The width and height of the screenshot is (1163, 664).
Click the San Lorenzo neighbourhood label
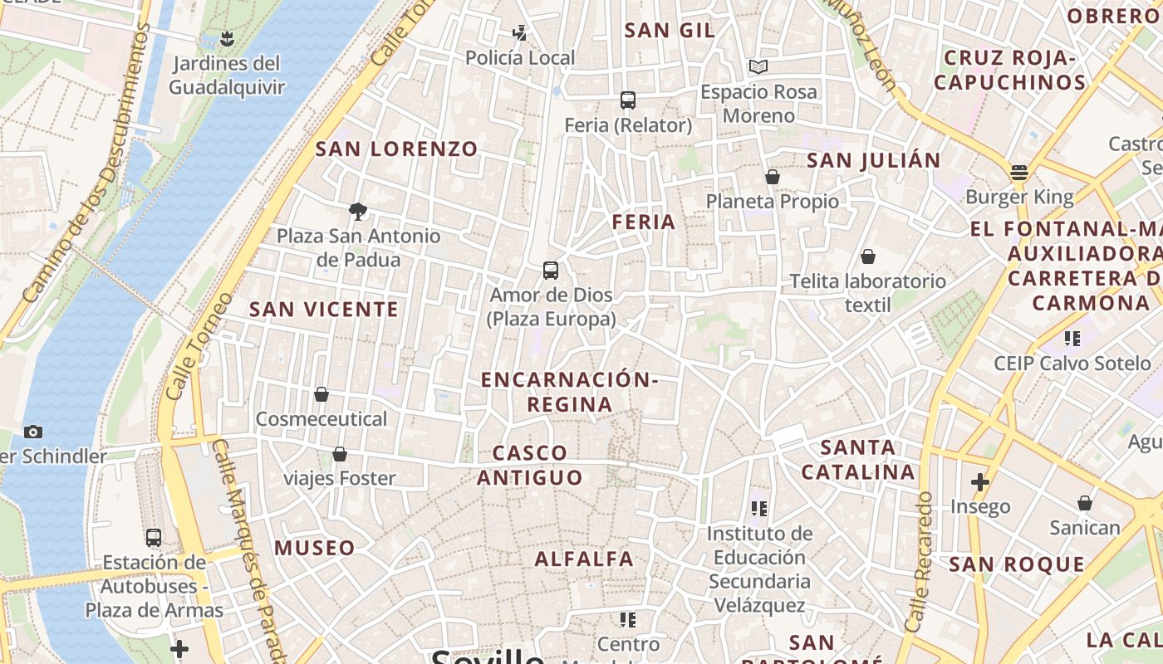[x=396, y=149]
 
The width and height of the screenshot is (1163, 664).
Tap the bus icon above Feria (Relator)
[x=627, y=100]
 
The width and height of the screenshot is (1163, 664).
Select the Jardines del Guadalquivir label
[x=226, y=75]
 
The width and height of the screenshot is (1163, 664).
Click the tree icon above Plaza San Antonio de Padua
[x=358, y=211]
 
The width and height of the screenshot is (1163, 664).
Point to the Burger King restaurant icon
[x=1019, y=173]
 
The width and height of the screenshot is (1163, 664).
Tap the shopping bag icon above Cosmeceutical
[x=321, y=394]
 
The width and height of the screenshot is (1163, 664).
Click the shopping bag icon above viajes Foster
[x=339, y=454]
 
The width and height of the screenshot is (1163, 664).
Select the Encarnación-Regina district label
[x=570, y=392]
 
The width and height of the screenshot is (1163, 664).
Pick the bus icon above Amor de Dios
[x=550, y=271]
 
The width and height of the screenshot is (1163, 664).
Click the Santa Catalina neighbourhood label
[x=858, y=460]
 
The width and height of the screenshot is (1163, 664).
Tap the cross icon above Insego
[x=980, y=481]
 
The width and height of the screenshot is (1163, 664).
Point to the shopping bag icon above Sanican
[x=1084, y=503]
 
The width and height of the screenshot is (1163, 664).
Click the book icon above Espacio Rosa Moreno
[x=758, y=66]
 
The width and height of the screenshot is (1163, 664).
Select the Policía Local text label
[x=520, y=57]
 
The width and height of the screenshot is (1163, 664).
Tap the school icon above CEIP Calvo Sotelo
[x=1072, y=339]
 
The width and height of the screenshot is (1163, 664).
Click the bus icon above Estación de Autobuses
[x=153, y=537]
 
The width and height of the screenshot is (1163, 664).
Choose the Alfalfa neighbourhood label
[x=584, y=559]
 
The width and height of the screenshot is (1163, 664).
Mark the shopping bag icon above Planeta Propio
[x=772, y=177]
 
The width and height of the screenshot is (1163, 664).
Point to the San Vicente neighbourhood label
[x=324, y=310]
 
